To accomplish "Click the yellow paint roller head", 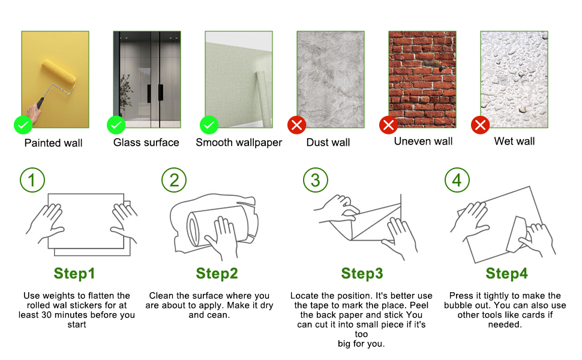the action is click(59, 76).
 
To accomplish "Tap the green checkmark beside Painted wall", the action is click(23, 125).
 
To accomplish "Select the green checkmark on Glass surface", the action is click(116, 125).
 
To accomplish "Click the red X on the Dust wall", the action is click(296, 125).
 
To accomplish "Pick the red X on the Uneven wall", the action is click(388, 125).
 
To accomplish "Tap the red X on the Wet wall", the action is click(480, 125).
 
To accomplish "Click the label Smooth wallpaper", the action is click(239, 143).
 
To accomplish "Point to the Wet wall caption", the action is click(514, 142).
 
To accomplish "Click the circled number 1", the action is click(32, 180).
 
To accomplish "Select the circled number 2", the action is click(174, 180).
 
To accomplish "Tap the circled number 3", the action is click(316, 180).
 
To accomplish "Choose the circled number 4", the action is click(457, 180).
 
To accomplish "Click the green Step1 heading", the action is click(74, 274).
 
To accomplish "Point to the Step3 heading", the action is click(362, 274).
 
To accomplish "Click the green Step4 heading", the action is click(506, 274).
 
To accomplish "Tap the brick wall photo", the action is click(422, 79).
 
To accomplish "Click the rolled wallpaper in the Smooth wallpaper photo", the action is click(263, 99).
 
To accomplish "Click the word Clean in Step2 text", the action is click(161, 296).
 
